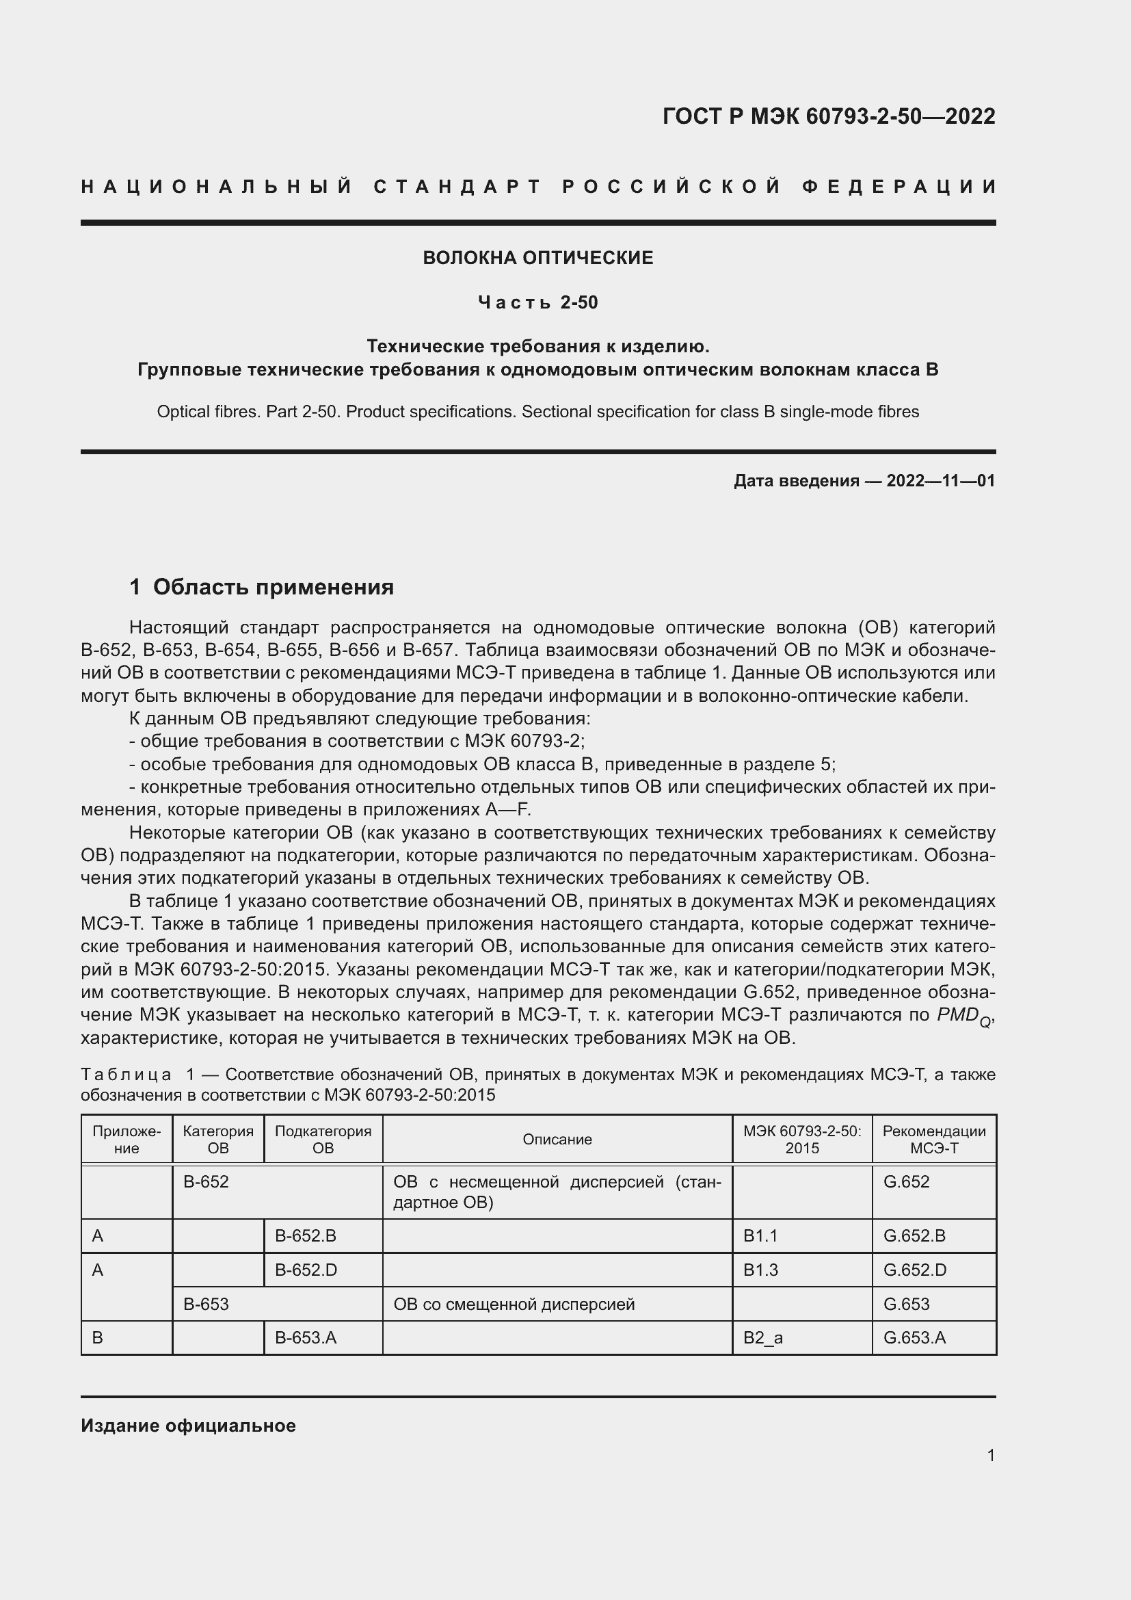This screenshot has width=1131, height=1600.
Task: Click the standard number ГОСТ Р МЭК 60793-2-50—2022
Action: [x=828, y=116]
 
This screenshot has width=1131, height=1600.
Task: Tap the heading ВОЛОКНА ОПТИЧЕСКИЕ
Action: [x=537, y=258]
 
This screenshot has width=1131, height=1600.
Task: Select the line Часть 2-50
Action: [x=537, y=302]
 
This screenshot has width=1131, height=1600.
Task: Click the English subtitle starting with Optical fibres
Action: [x=537, y=412]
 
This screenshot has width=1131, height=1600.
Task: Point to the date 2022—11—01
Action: [x=940, y=481]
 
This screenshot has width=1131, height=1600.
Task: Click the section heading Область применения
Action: [x=273, y=588]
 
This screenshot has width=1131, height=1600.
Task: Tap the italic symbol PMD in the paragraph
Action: [x=957, y=1015]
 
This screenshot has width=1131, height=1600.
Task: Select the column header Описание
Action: [x=557, y=1140]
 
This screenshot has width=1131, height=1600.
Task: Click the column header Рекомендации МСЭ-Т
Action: [x=934, y=1140]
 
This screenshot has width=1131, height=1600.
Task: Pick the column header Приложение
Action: [x=127, y=1140]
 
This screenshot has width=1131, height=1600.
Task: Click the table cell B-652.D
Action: [x=306, y=1270]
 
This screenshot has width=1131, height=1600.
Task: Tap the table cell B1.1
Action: [x=760, y=1235]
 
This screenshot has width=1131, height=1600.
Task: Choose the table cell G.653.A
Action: [x=914, y=1337]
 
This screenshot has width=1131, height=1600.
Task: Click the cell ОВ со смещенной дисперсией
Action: [x=514, y=1304]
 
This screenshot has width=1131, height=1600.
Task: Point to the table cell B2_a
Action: [x=762, y=1337]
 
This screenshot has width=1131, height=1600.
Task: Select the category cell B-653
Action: [x=206, y=1304]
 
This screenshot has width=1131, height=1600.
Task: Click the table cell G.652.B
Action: [x=914, y=1235]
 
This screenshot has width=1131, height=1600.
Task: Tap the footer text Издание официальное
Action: [x=188, y=1426]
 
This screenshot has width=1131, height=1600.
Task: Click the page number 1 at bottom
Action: [x=990, y=1455]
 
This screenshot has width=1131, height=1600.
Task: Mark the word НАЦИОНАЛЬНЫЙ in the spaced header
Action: [x=217, y=187]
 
